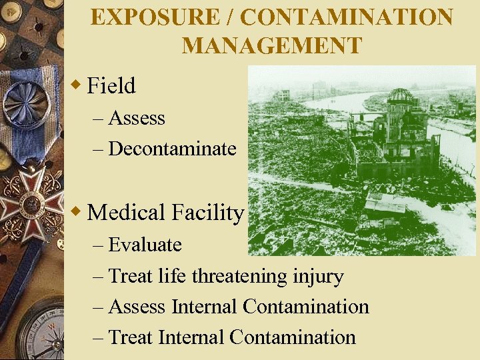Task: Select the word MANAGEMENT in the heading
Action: click(272, 45)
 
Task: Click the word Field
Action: click(111, 85)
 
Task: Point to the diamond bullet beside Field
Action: click(77, 85)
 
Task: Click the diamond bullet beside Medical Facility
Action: click(77, 211)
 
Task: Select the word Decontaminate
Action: click(172, 148)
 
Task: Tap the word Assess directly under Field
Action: click(137, 118)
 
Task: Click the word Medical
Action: click(126, 213)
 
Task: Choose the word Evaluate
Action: click(145, 245)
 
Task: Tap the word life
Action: click(173, 275)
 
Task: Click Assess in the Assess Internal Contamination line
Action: click(137, 307)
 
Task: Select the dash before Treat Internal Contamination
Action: click(99, 337)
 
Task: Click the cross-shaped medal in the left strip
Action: click(30, 200)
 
